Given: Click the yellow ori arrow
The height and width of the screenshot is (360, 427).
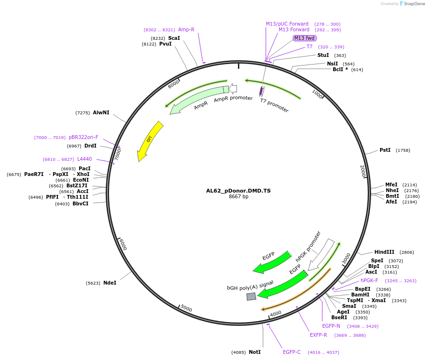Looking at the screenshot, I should tap(149, 141).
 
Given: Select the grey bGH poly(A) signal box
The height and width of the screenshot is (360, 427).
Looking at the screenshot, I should tap(251, 296).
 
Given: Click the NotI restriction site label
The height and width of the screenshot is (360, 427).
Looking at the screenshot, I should tap(255, 352).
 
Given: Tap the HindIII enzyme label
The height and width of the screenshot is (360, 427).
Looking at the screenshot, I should tap(384, 252).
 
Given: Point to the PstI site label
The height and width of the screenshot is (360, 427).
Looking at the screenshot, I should tap(385, 150).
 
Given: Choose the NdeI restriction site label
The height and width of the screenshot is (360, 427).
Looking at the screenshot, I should tap(109, 283).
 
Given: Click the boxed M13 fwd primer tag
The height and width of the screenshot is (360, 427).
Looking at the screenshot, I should tap(304, 38).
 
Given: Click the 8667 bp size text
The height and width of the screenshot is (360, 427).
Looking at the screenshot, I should tap(238, 197).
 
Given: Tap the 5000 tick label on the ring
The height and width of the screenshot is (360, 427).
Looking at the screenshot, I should tap(186, 309).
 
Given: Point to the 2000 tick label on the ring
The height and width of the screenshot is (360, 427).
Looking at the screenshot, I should tap(363, 171).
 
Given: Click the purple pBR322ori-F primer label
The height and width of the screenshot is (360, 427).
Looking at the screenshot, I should tap(83, 137).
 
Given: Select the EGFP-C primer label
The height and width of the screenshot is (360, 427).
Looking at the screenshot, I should tap(291, 352).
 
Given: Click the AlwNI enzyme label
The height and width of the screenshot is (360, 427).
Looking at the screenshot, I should tap(101, 113).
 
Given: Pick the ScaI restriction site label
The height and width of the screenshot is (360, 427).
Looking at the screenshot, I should tap(174, 38).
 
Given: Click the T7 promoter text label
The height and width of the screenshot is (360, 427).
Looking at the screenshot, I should tap(274, 105).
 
